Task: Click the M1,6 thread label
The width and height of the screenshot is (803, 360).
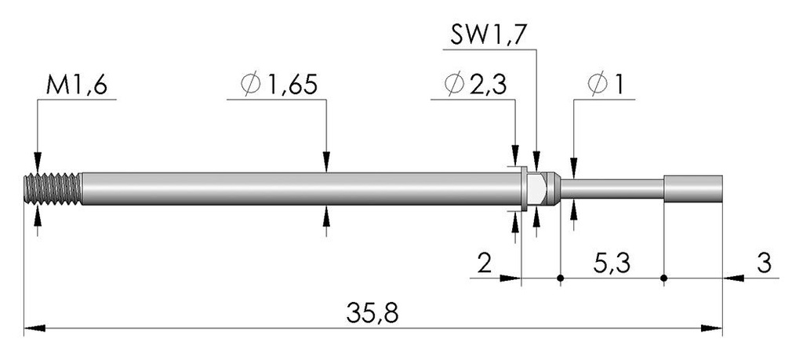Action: pos(76,85)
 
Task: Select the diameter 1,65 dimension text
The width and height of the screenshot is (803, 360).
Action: pos(279,85)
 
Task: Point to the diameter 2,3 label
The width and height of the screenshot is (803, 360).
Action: pos(476,85)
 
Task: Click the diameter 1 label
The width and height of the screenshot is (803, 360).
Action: pos(606,85)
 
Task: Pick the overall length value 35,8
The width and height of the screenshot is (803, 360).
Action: pos(372,313)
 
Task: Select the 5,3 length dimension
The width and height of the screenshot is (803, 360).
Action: pos(612,264)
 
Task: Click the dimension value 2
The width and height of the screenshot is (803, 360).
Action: pos(485,264)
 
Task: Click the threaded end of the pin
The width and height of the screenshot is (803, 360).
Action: pos(53,189)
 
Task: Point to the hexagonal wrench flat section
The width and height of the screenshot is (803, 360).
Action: pos(536,189)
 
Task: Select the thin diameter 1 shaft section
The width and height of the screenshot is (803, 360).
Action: pos(612,189)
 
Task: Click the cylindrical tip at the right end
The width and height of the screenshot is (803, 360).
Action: pos(693,188)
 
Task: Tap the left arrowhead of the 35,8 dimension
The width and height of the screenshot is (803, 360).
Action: pos(35,329)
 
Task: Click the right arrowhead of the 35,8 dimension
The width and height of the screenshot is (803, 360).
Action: pos(712,329)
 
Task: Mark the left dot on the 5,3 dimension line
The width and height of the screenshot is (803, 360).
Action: pos(561,278)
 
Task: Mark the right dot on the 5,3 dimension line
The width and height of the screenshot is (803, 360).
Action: pos(663,278)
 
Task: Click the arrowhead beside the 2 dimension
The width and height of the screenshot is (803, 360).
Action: pos(510,278)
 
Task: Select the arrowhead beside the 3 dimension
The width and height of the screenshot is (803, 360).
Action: pos(733,278)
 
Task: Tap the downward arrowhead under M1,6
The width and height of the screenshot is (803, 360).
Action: pos(38,162)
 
